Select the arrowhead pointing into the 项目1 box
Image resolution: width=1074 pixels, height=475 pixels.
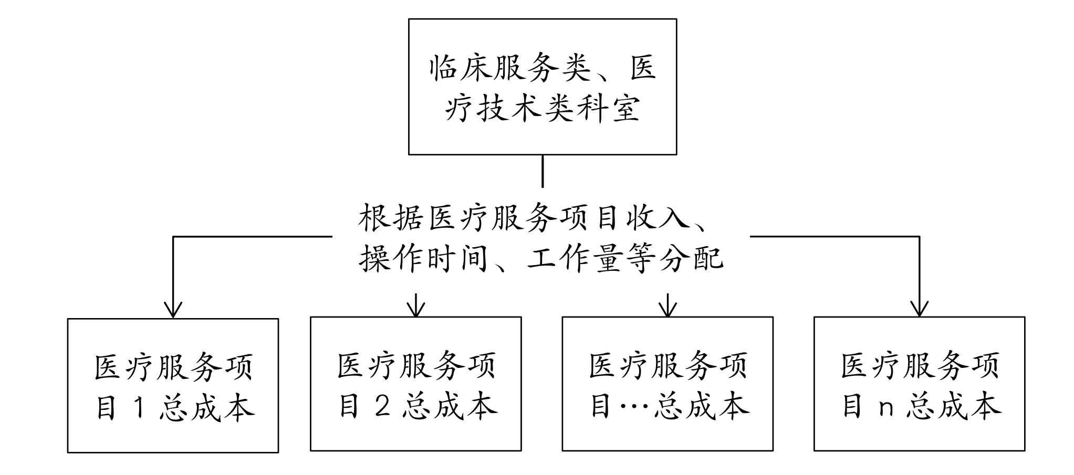tap(173, 310)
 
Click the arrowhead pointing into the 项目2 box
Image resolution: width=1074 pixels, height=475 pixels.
tap(416, 309)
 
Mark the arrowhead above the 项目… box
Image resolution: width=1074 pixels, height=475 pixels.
tap(668, 309)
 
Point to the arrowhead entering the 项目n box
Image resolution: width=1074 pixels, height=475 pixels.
tap(919, 309)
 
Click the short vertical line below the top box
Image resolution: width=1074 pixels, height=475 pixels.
tap(543, 171)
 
